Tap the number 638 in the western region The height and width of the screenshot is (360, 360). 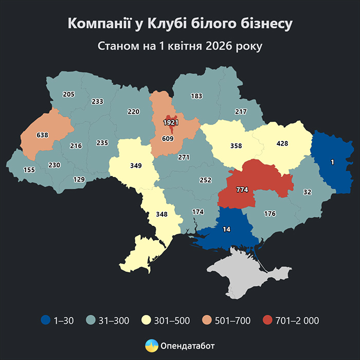coord(42,135)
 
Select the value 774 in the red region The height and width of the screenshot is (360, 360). coord(242,190)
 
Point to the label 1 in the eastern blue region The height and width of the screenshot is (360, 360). coord(332,163)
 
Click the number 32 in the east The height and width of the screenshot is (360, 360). coord(308,192)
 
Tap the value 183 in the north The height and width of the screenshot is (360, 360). coord(196,96)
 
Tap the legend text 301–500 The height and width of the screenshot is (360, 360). coord(172,321)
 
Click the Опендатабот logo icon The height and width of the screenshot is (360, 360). coord(152,346)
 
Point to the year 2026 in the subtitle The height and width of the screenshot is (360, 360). coord(220,46)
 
